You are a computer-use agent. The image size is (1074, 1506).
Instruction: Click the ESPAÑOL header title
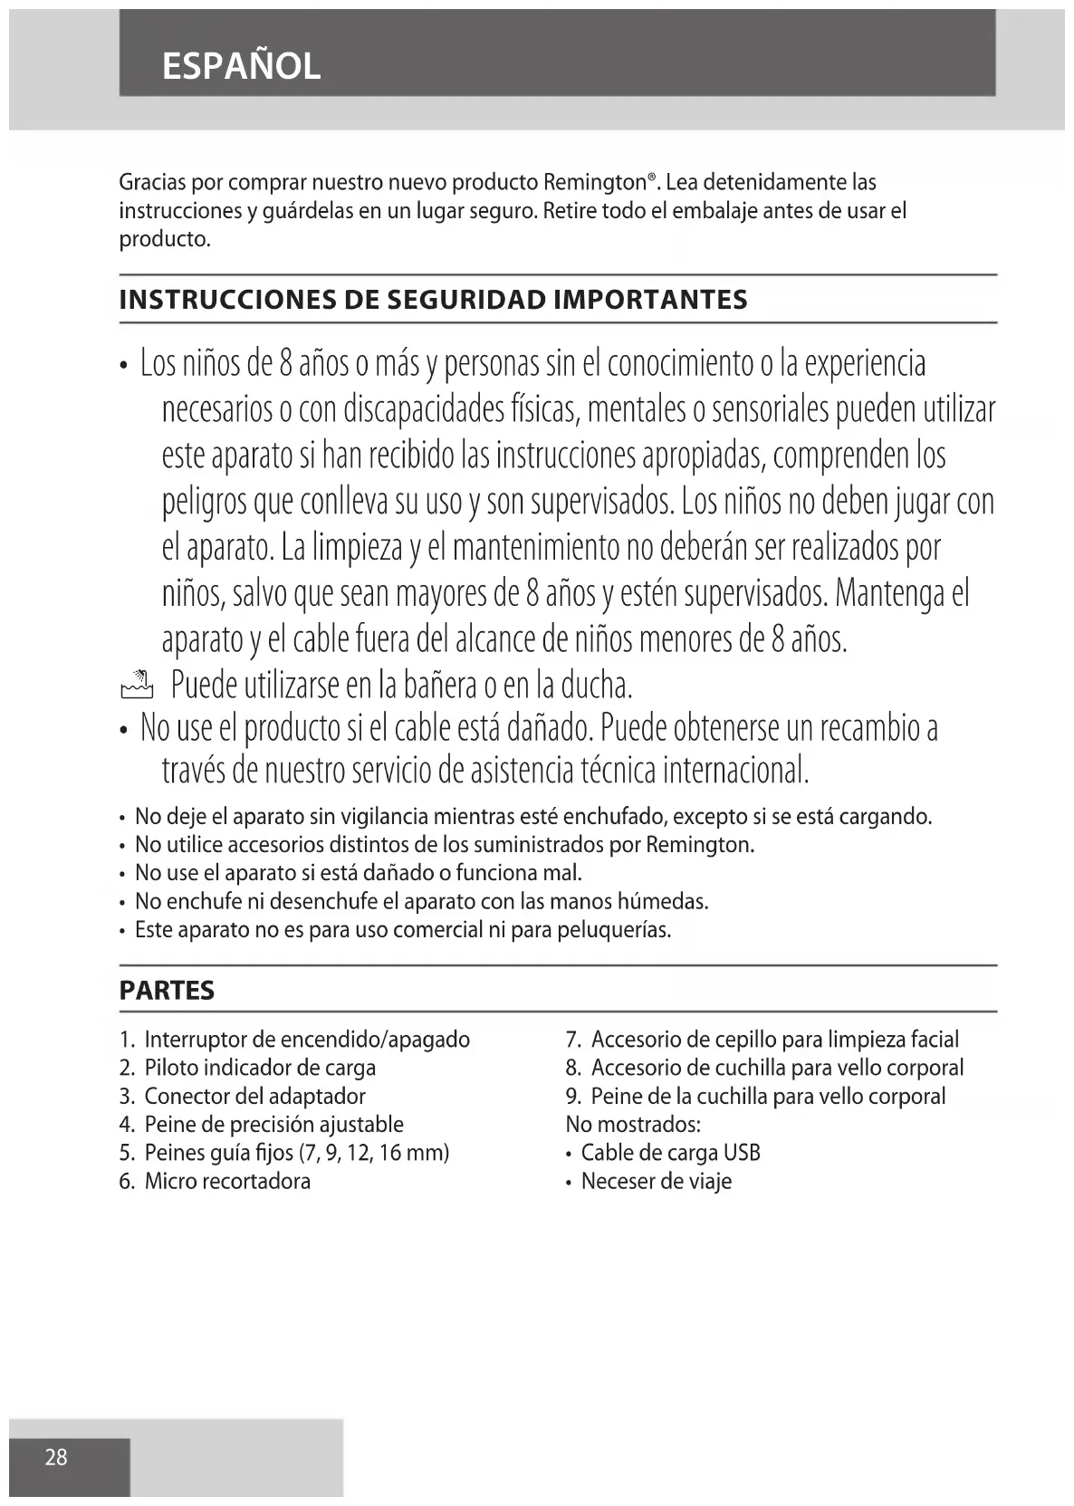pos(241,66)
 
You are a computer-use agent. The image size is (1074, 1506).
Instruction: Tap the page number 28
pos(56,1457)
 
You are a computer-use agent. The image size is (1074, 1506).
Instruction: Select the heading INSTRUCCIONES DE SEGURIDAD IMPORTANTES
pos(434,300)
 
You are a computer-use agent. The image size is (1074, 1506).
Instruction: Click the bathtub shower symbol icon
pos(138,686)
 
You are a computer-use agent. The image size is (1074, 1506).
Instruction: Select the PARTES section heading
pos(167,991)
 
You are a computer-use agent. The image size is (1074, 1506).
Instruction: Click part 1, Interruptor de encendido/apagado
pos(306,1040)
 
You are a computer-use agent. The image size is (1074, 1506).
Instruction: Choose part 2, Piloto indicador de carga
pos(259,1068)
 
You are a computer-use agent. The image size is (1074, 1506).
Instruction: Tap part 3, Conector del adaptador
pos(254,1097)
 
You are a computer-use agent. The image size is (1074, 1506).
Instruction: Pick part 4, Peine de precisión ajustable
pos(273,1125)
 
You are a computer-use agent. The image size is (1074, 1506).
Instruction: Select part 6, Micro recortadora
pos(226,1182)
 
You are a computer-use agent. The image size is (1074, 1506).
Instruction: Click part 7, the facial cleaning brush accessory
pos(774,1040)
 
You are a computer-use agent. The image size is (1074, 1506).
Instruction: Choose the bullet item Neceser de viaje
pos(656,1182)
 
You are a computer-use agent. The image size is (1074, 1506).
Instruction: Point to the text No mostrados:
pos(633,1125)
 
